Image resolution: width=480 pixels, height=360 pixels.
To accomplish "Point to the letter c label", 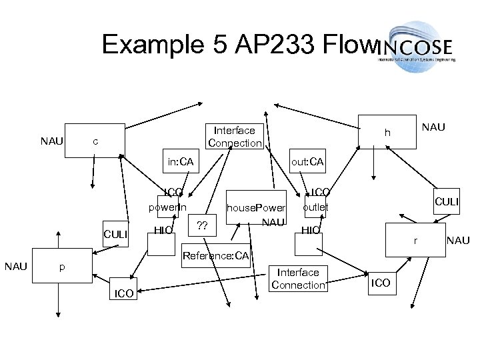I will (96, 141).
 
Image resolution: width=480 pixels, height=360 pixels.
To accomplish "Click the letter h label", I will (387, 134).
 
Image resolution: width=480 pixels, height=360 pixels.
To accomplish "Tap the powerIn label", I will (168, 207).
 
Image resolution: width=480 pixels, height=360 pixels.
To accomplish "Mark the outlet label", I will (315, 207).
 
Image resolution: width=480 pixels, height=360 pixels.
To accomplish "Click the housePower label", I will (256, 208).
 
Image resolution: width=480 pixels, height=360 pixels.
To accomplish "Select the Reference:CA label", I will (215, 256).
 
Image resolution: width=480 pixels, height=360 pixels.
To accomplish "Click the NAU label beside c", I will (52, 141).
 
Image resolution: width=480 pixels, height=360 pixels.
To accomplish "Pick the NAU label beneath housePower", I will (274, 221).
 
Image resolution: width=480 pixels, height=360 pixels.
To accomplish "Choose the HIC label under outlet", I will (311, 230).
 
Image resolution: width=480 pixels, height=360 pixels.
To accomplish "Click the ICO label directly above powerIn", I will (174, 193).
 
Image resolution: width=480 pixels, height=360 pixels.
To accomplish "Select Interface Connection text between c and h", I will (235, 137).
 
